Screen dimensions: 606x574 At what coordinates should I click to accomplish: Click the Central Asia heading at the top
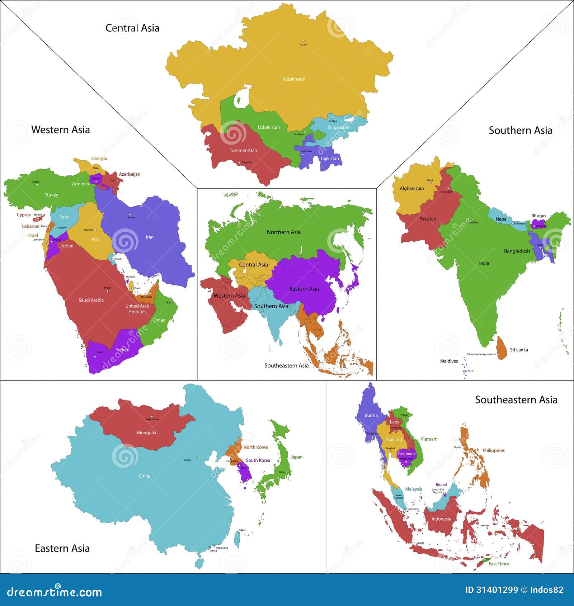[x=132, y=28]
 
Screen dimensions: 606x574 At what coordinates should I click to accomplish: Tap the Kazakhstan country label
[x=294, y=79]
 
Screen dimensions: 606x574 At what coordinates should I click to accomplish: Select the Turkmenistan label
[x=243, y=150]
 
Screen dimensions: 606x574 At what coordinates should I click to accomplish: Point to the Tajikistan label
[x=329, y=158]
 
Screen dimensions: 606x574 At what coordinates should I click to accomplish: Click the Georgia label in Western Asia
[x=99, y=158]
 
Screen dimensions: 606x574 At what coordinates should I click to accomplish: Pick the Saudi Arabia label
[x=91, y=300]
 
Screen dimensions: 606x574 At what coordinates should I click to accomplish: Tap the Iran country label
[x=150, y=237]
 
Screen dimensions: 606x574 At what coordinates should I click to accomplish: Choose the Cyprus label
[x=24, y=215]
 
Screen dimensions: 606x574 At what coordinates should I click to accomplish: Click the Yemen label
[x=122, y=350]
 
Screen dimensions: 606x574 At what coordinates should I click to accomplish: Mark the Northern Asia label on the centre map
[x=283, y=232]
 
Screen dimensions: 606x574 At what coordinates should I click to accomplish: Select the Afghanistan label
[x=411, y=188]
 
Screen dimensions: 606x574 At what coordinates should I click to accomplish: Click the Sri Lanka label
[x=519, y=350]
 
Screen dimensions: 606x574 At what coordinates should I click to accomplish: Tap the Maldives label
[x=449, y=361]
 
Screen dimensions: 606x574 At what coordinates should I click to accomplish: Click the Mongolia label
[x=146, y=432]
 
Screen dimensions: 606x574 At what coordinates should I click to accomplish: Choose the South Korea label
[x=258, y=460]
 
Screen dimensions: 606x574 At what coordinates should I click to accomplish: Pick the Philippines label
[x=493, y=450]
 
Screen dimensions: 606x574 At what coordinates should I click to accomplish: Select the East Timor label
[x=499, y=564]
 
